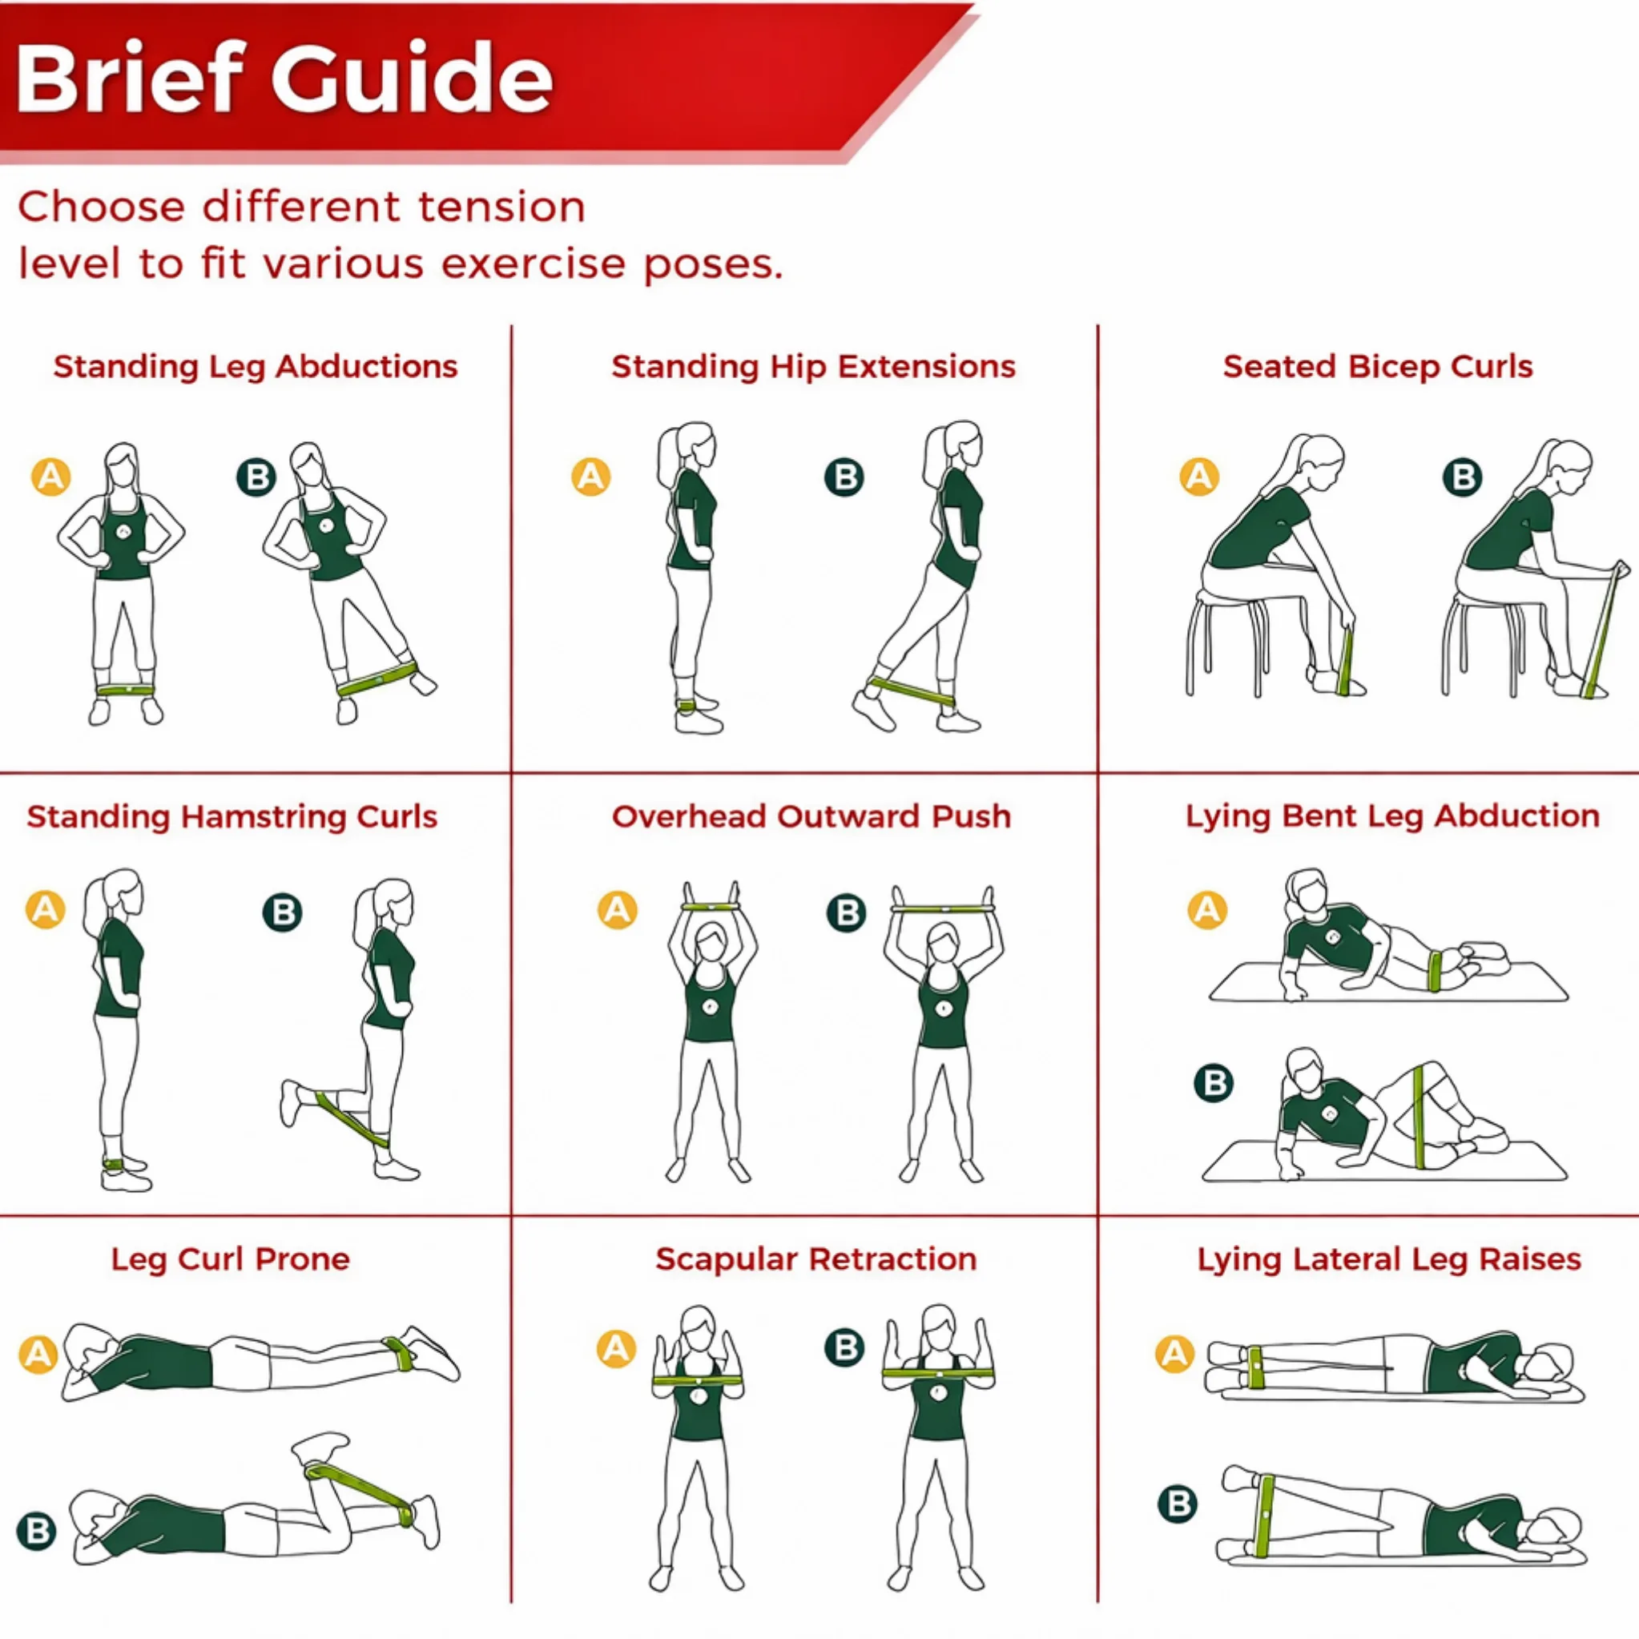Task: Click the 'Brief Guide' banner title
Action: (x=284, y=78)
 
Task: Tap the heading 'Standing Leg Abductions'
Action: (x=256, y=366)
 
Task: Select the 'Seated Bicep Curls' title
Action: (x=1378, y=366)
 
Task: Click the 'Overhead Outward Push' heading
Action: (x=811, y=816)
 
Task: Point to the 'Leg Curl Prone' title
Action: (x=230, y=1259)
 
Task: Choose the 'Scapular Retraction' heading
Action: (x=816, y=1259)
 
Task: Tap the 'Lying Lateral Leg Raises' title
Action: (x=1390, y=1259)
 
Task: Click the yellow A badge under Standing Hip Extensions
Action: (x=590, y=477)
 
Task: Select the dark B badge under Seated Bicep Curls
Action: (x=1463, y=477)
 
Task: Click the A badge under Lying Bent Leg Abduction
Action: (x=1207, y=910)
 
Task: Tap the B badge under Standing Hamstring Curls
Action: (x=283, y=912)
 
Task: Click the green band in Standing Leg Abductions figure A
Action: (x=125, y=690)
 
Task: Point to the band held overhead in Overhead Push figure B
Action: (x=941, y=908)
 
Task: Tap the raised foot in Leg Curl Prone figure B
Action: (x=319, y=1444)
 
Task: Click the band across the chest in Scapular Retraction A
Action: (x=699, y=1381)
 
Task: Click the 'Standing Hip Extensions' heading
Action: (x=814, y=366)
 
